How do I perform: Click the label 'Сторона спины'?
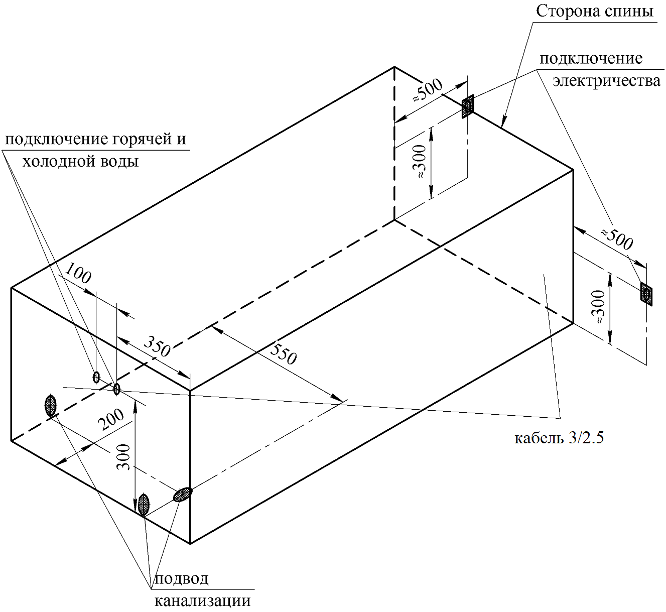pyautogui.click(x=595, y=12)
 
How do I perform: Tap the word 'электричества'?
pyautogui.click(x=606, y=81)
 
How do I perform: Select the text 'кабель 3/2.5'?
pyautogui.click(x=559, y=438)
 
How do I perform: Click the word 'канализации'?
pyautogui.click(x=203, y=600)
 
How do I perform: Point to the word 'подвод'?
pyautogui.click(x=182, y=578)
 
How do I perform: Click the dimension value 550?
pyautogui.click(x=283, y=354)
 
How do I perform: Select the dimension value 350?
pyautogui.click(x=157, y=346)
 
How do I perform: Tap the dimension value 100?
pyautogui.click(x=77, y=273)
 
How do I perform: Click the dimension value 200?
pyautogui.click(x=111, y=419)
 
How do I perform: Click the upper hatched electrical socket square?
pyautogui.click(x=468, y=106)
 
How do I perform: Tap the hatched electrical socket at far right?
pyautogui.click(x=646, y=294)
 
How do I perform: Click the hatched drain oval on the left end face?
pyautogui.click(x=51, y=405)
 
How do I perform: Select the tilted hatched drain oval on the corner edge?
pyautogui.click(x=183, y=495)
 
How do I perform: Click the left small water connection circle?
pyautogui.click(x=96, y=378)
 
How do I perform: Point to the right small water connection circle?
pyautogui.click(x=116, y=389)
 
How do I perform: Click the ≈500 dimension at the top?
pyautogui.click(x=428, y=90)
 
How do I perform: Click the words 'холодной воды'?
pyautogui.click(x=81, y=162)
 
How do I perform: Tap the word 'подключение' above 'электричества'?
pyautogui.click(x=591, y=59)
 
